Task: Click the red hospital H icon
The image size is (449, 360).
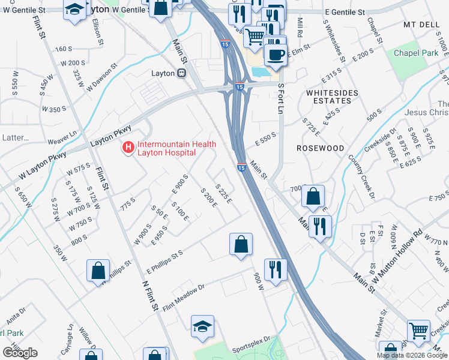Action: [x=128, y=147]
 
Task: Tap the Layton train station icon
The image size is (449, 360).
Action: [x=180, y=73]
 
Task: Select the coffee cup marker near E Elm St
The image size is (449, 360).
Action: [x=276, y=55]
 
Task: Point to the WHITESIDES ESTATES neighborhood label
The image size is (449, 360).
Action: [x=332, y=97]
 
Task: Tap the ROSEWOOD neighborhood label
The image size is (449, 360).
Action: [x=321, y=148]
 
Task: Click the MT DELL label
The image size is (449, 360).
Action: [x=419, y=25]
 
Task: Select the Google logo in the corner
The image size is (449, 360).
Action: [x=20, y=353]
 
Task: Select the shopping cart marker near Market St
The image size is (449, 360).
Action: [x=418, y=330]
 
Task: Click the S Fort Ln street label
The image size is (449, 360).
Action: [x=280, y=100]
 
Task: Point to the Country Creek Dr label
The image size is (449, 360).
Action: [x=361, y=177]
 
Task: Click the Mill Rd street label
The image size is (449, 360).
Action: [x=300, y=27]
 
